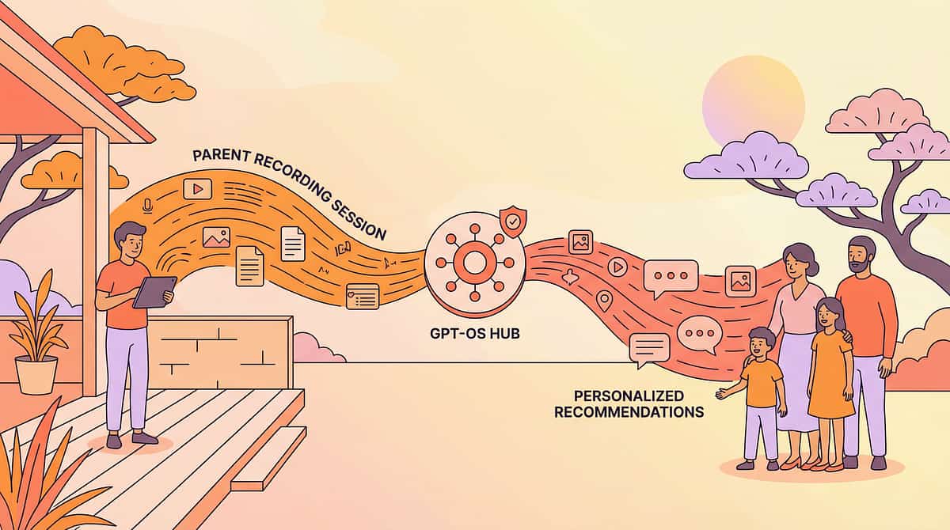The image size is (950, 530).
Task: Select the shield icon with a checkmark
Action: (511, 222)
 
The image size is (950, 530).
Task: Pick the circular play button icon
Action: (617, 267)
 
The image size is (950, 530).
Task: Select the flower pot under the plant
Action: (37, 374)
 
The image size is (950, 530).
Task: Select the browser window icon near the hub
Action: (362, 296)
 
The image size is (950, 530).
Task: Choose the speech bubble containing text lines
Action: (649, 348)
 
